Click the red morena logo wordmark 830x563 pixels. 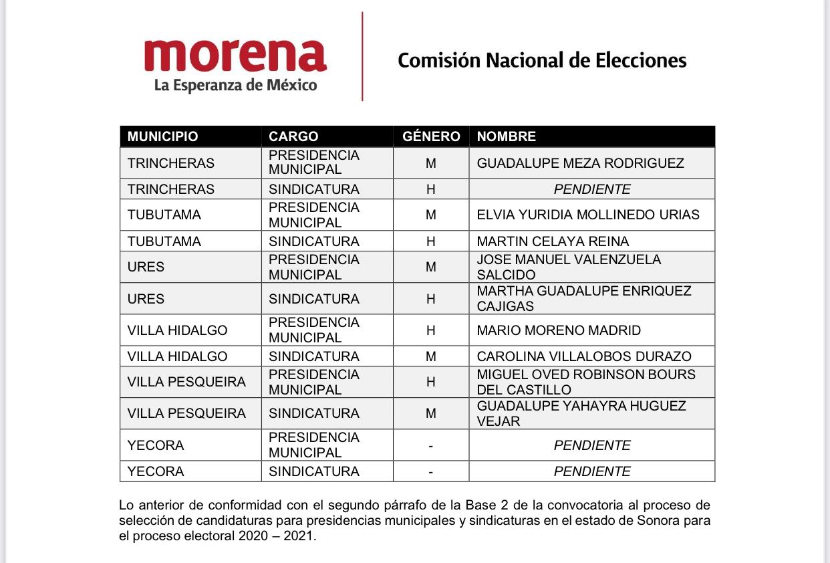coord(235,55)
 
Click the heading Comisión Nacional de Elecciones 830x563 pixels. coord(542,60)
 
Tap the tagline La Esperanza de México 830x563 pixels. coord(235,86)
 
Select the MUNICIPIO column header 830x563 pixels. coord(162,136)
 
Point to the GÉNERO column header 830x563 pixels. coord(431,136)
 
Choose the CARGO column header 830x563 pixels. coord(293,136)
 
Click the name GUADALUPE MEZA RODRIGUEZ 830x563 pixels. coord(580,163)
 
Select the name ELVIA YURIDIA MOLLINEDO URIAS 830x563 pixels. coord(588,215)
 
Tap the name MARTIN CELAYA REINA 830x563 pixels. coord(553,241)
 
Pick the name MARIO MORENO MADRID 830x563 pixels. coord(559,330)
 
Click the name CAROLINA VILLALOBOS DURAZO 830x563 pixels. coord(584,356)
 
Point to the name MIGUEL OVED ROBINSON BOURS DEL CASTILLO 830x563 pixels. coord(586,382)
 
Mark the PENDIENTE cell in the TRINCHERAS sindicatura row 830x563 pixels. coord(592,189)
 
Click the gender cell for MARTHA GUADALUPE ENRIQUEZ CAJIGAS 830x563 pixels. coord(431,299)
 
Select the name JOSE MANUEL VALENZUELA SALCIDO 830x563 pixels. coord(569,267)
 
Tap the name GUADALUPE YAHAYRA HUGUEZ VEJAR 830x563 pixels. coord(581,413)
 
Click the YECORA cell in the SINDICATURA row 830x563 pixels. coord(156,471)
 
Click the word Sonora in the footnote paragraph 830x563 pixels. coord(650,520)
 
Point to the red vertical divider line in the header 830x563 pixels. coord(362,57)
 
